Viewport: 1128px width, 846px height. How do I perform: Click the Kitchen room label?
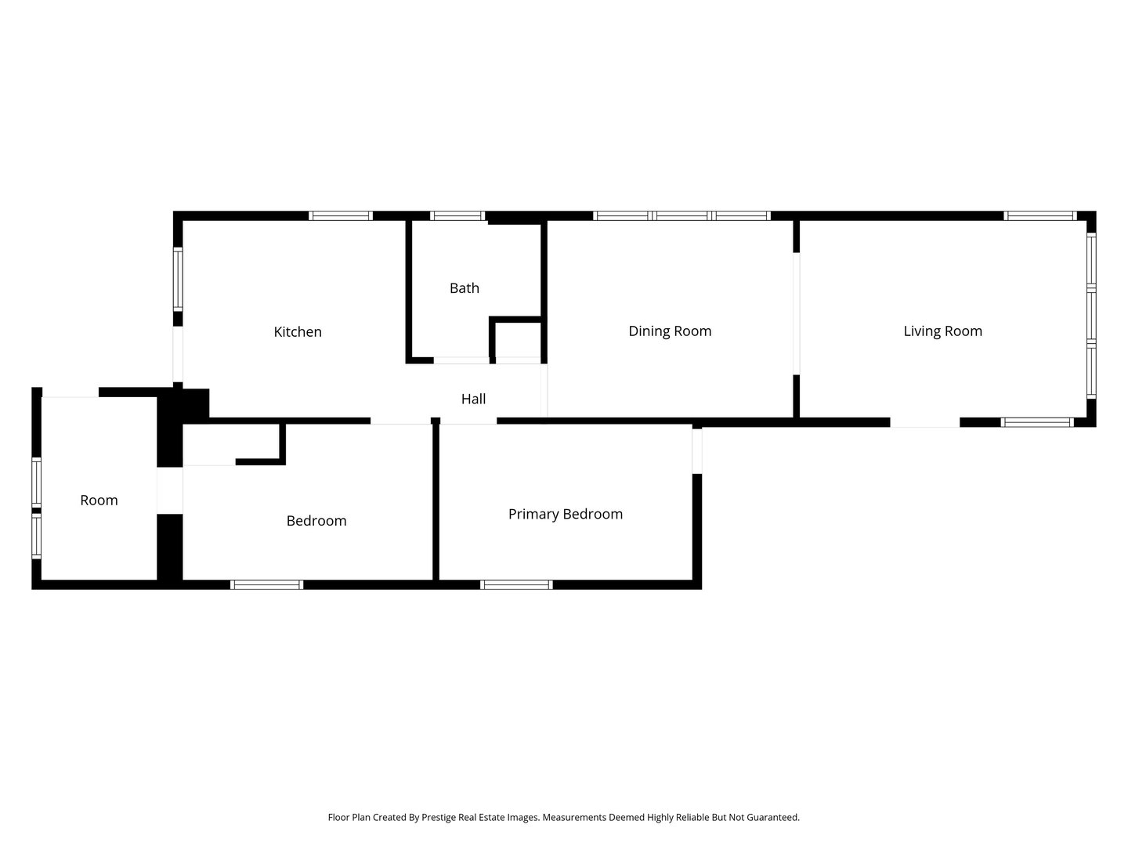[298, 331]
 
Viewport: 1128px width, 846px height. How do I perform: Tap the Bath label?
[465, 287]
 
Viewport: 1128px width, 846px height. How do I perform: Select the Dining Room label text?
[670, 331]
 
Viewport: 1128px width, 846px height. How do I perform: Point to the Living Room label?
[942, 331]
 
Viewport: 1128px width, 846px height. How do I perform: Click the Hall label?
[473, 399]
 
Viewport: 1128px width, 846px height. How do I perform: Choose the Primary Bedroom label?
[566, 514]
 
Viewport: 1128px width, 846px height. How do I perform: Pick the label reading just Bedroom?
[316, 520]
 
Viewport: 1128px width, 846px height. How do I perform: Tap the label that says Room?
[99, 500]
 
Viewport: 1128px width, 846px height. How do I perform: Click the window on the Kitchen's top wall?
[340, 215]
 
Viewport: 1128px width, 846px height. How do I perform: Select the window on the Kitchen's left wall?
[178, 279]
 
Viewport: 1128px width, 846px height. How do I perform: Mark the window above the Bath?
[457, 215]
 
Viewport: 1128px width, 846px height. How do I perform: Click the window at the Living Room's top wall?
[1040, 215]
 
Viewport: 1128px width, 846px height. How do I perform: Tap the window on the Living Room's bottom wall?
[1037, 422]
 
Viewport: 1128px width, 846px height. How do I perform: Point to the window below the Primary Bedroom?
[516, 584]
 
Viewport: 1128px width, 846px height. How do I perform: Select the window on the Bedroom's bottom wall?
[266, 584]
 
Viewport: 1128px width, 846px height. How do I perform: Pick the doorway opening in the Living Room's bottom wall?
[924, 422]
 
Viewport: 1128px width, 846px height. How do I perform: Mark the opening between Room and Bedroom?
[169, 490]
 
